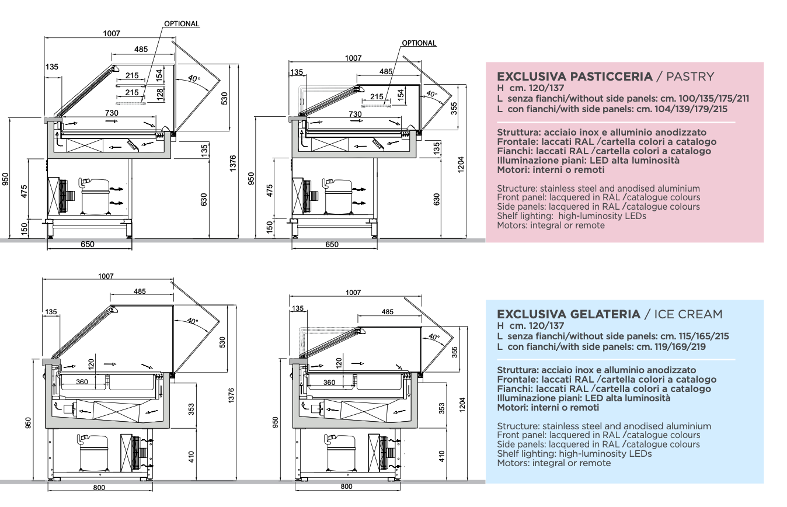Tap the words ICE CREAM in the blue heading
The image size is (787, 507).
688,314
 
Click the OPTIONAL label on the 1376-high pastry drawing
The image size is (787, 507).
182,24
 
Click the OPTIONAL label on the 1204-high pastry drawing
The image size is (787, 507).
419,43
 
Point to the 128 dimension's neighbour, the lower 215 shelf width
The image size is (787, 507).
132,92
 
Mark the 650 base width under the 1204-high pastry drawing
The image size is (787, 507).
332,245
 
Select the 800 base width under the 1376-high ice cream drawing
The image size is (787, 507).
99,487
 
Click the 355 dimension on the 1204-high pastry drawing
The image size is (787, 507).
454,108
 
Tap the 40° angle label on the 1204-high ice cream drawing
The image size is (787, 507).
433,336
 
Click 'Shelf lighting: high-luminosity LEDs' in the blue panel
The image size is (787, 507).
574,453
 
